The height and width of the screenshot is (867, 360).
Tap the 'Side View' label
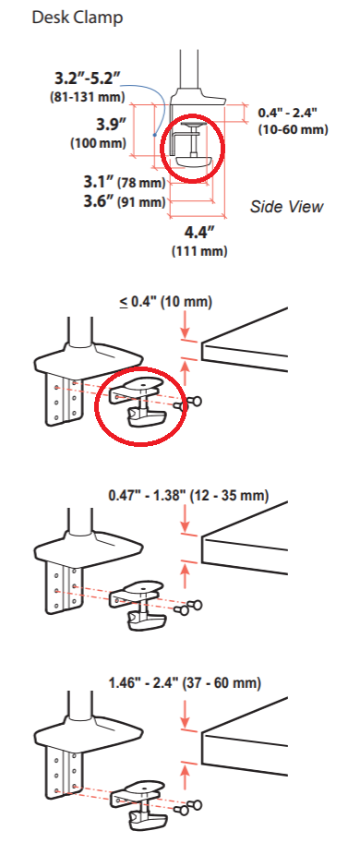(x=286, y=206)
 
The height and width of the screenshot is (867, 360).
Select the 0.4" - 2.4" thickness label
(x=293, y=113)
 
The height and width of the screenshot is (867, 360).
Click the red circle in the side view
(x=190, y=143)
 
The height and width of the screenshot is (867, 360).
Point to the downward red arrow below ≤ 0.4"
(x=186, y=322)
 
